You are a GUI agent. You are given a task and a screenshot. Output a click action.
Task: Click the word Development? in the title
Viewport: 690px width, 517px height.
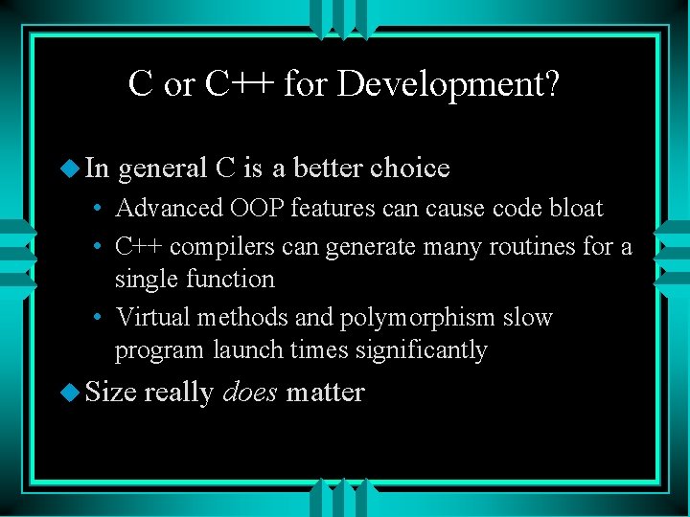coord(449,84)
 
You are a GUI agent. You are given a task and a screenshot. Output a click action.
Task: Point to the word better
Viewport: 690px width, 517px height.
coord(328,169)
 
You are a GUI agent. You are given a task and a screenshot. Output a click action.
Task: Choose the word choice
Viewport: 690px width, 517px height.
coord(410,169)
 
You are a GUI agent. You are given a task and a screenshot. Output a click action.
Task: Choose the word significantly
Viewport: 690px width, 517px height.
coord(422,350)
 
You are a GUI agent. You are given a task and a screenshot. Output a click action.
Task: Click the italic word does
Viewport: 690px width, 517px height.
coord(250,393)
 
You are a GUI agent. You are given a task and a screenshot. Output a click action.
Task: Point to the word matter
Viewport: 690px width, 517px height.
coord(325,393)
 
